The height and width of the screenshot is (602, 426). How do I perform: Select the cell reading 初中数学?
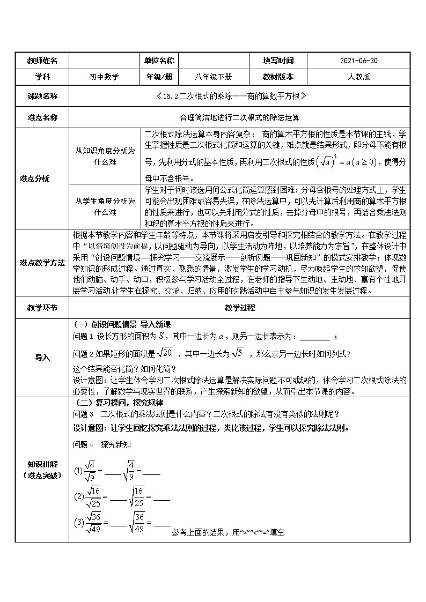pyautogui.click(x=104, y=77)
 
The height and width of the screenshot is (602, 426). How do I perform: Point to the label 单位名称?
pyautogui.click(x=159, y=61)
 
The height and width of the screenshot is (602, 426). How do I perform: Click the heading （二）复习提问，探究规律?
pyautogui.click(x=121, y=402)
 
